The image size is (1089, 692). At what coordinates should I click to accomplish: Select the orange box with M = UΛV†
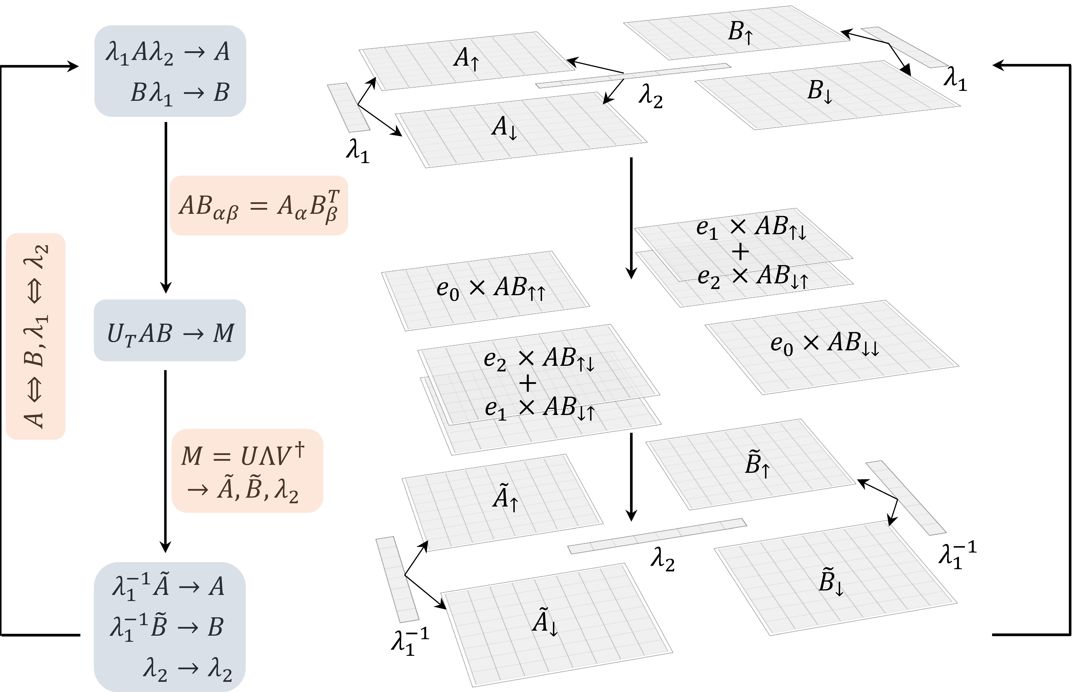pos(247,470)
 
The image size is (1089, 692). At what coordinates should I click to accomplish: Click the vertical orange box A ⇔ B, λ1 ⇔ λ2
pos(36,336)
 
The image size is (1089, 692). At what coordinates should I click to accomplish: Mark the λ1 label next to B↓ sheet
pos(955,79)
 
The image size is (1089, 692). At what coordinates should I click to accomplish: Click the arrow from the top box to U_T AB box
pos(166,208)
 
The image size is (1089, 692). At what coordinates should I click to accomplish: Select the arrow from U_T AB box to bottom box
pos(166,461)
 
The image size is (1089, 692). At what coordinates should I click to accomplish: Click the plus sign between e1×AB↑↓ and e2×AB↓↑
pos(740,251)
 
